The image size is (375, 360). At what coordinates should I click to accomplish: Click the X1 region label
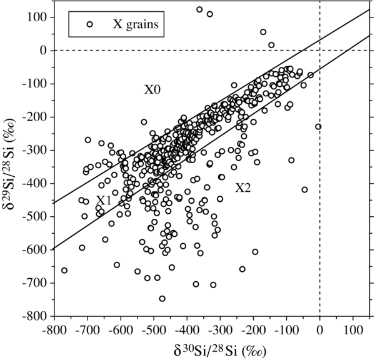104,201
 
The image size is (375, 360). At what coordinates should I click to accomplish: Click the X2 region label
243,187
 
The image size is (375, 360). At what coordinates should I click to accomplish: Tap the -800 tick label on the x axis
52,328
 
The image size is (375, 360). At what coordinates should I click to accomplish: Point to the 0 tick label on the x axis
320,328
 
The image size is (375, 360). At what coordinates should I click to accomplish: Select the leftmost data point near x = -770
64,270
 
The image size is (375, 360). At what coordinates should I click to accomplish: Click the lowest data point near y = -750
162,299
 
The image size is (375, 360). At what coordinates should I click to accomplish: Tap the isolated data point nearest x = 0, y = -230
318,127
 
